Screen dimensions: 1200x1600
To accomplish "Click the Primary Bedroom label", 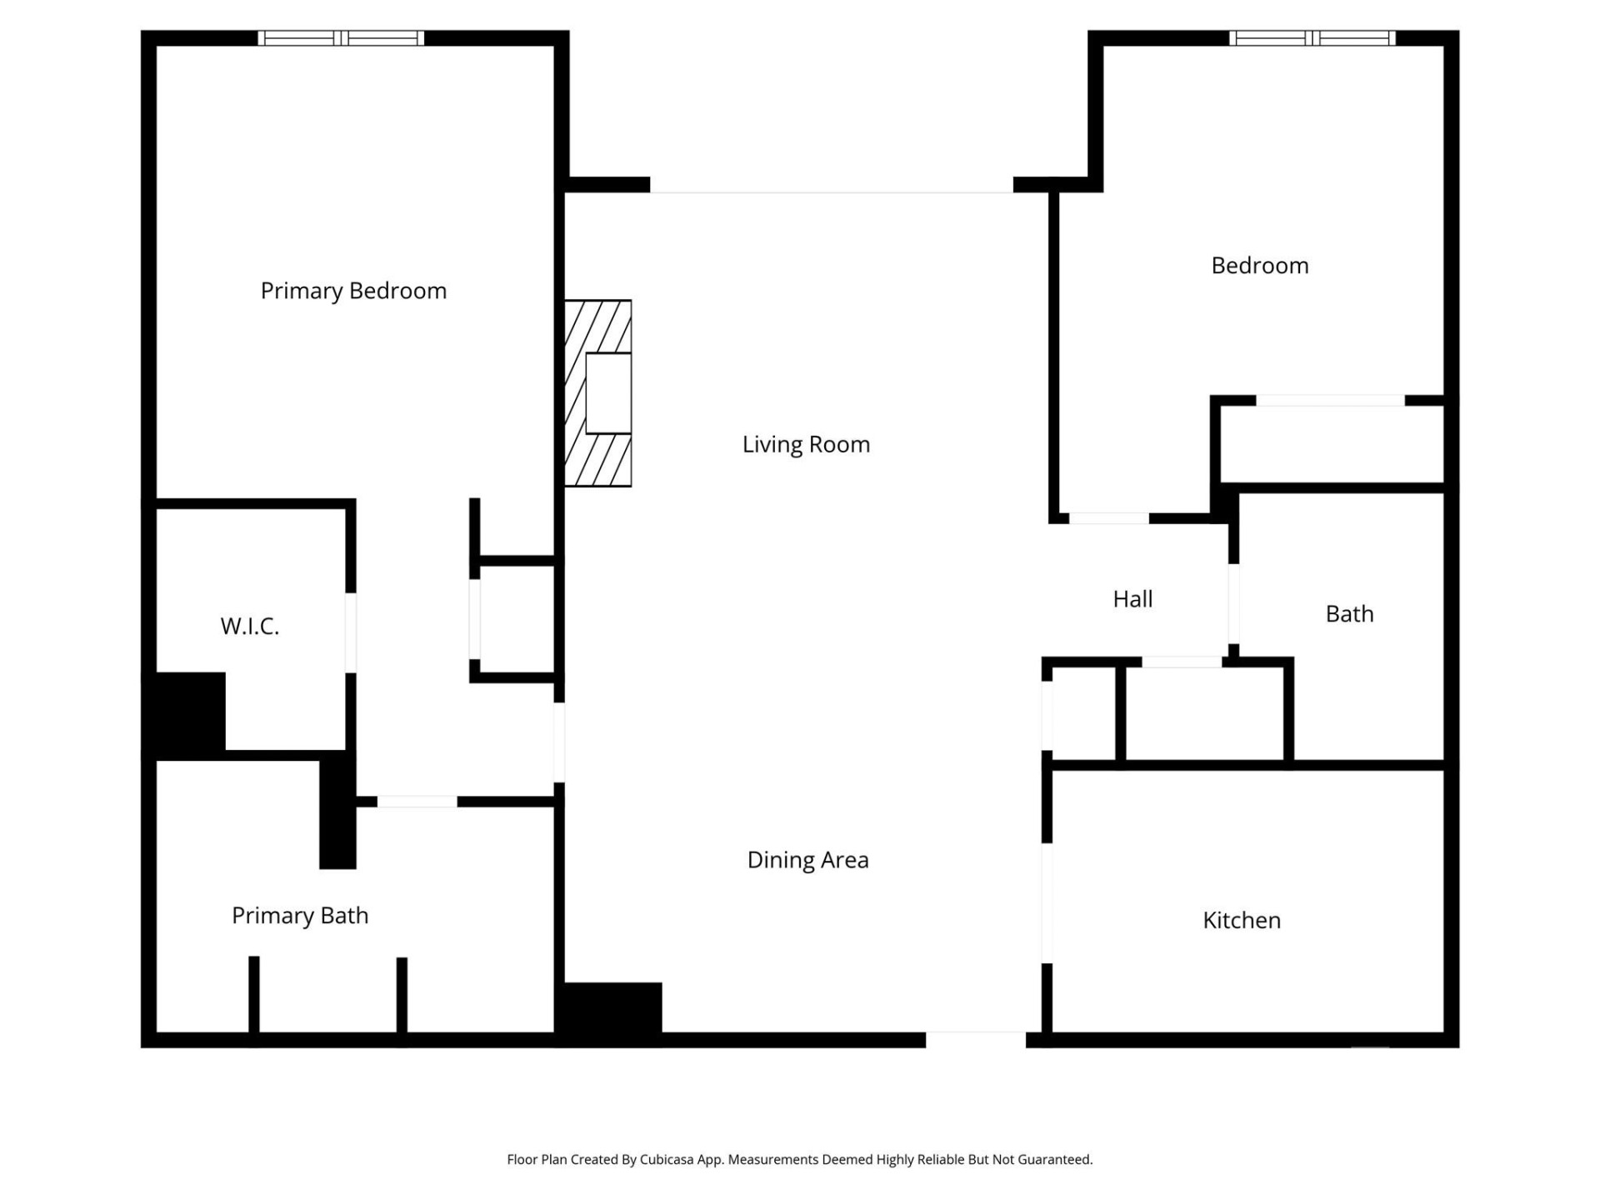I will (x=353, y=291).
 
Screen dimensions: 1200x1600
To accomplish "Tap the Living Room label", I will (x=806, y=444).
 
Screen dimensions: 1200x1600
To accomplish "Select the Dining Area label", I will (x=807, y=860).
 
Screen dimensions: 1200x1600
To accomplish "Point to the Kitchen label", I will (x=1241, y=920).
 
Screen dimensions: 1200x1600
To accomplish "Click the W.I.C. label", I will (x=249, y=627).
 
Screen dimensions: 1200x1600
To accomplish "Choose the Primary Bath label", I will (x=299, y=915).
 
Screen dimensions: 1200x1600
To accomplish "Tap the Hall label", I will (x=1132, y=599).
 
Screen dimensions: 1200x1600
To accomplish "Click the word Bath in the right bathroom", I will (x=1349, y=614).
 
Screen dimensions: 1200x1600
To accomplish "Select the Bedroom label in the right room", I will (x=1259, y=266).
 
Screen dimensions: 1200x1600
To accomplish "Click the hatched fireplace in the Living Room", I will (x=597, y=393).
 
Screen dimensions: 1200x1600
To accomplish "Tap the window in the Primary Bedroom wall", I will (x=340, y=38).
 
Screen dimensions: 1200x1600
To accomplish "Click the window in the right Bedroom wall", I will (x=1312, y=38).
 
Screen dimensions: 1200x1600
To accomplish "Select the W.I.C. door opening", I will (x=351, y=632).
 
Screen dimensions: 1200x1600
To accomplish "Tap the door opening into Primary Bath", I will (x=417, y=802).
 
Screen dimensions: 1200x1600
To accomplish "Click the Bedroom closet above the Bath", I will (x=1331, y=442).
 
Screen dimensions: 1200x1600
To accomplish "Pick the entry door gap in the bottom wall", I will (x=975, y=1039).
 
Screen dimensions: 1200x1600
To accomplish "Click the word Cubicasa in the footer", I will (x=666, y=1159).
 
